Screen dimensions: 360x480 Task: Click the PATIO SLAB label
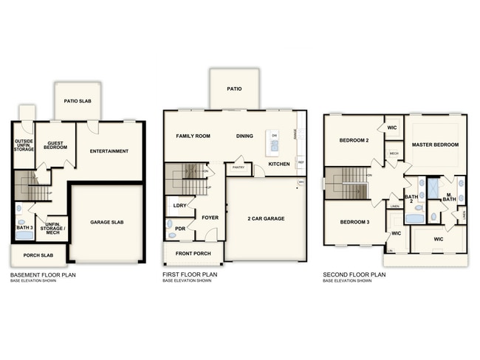click(77, 102)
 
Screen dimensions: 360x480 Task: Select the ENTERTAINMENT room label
click(109, 151)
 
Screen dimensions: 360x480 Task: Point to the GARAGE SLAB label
click(107, 222)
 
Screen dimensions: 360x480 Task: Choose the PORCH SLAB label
click(37, 256)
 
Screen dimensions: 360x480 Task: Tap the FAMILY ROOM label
click(193, 136)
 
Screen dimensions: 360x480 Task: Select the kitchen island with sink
click(274, 140)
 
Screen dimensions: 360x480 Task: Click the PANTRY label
click(239, 168)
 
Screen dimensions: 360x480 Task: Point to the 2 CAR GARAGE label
click(266, 218)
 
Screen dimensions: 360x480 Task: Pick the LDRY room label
click(179, 206)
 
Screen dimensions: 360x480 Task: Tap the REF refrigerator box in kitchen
click(301, 162)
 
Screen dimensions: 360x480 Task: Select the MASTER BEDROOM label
click(436, 145)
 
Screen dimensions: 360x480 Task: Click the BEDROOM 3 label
click(354, 222)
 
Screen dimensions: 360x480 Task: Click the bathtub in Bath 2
click(414, 218)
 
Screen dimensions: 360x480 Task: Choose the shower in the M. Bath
click(433, 187)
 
